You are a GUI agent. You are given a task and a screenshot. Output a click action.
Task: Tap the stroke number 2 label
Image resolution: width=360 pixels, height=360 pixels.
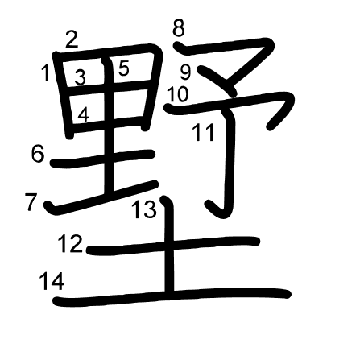tap(72, 39)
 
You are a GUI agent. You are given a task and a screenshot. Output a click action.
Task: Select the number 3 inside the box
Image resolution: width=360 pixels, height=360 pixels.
tap(80, 77)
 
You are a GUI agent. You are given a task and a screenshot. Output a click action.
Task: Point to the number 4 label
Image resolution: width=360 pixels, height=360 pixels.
tap(84, 114)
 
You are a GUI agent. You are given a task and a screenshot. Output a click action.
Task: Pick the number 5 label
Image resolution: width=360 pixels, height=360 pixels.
tap(123, 68)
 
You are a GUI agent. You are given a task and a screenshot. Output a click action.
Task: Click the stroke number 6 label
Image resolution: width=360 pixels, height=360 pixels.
tap(38, 154)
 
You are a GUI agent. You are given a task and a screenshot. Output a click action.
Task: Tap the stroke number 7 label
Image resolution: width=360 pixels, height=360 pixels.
tap(31, 201)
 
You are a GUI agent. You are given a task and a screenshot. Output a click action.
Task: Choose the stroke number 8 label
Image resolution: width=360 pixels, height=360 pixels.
tap(179, 28)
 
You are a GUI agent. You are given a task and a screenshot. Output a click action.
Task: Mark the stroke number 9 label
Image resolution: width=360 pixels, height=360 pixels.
tap(185, 72)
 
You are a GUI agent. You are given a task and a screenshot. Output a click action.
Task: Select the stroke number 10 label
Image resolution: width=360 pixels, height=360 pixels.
tap(178, 94)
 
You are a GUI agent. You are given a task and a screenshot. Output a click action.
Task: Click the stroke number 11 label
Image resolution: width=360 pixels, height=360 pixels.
tap(204, 133)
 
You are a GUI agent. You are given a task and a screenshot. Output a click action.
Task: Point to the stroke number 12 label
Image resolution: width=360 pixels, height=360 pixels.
tap(70, 244)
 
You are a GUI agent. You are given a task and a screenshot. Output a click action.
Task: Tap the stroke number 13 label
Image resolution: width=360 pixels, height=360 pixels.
tap(144, 209)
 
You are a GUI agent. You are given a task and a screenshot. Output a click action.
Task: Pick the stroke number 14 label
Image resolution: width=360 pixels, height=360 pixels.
tap(52, 281)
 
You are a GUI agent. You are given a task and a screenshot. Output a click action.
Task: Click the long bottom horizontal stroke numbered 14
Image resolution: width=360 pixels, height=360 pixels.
tap(172, 296)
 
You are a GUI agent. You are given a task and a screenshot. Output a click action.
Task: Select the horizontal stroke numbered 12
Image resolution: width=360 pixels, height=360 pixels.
tap(172, 246)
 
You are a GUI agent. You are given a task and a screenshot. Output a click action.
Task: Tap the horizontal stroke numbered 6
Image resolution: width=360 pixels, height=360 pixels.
tap(102, 159)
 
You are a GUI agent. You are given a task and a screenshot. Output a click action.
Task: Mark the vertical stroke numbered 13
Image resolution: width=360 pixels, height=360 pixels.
tap(169, 244)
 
